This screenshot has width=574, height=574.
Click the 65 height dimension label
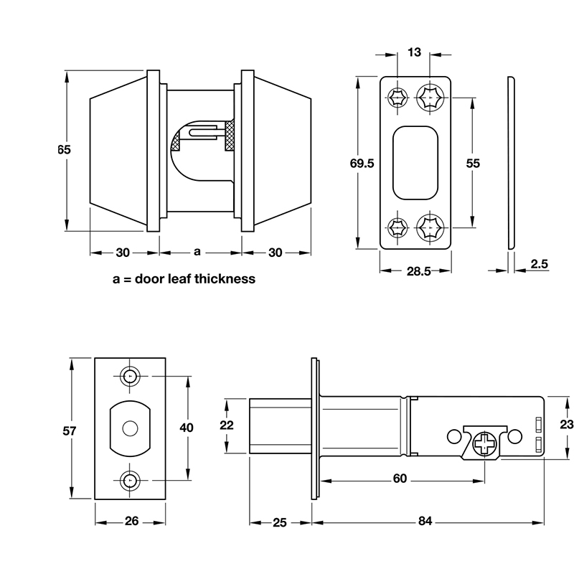coord(64,150)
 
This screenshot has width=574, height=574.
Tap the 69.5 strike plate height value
coord(361,164)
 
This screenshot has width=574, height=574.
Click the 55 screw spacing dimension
coord(472,164)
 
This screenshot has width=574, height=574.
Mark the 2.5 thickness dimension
coord(540,265)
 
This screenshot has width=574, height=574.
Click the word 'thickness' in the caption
coord(224,278)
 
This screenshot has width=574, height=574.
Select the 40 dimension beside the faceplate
coord(187,428)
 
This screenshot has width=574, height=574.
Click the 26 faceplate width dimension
coord(131,522)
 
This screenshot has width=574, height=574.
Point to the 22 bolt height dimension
coord(227,425)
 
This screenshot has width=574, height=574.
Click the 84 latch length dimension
coord(426,522)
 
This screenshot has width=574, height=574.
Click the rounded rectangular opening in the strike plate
coord(415,161)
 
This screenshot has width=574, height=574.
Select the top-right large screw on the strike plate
coord(432,97)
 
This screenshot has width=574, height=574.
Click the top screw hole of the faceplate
coord(130,377)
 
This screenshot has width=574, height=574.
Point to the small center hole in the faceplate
coord(130,428)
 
